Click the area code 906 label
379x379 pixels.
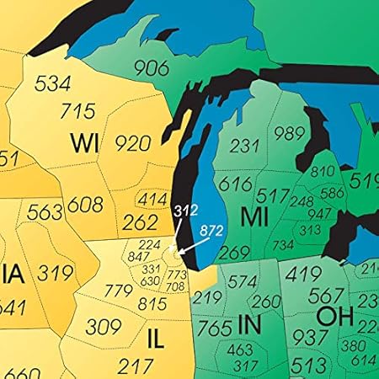point(152,68)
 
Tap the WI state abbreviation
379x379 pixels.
point(85,141)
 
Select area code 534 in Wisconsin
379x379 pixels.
point(51,83)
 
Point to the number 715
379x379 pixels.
point(77,110)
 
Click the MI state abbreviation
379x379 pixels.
point(254,216)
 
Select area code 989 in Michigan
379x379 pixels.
point(288,133)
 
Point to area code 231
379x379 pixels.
point(244,146)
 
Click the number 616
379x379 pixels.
point(235,184)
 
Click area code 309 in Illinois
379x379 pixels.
point(104,328)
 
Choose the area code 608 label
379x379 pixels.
point(85,205)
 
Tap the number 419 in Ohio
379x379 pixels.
point(303,274)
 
